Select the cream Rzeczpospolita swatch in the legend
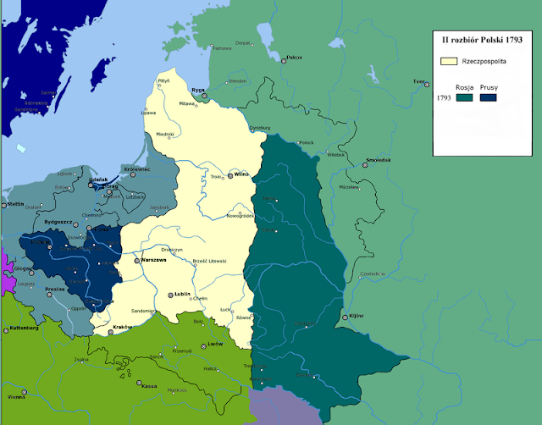pos(448,61)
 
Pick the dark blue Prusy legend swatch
pos(489,97)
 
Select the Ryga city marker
pos(204,97)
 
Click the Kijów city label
pos(356,316)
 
